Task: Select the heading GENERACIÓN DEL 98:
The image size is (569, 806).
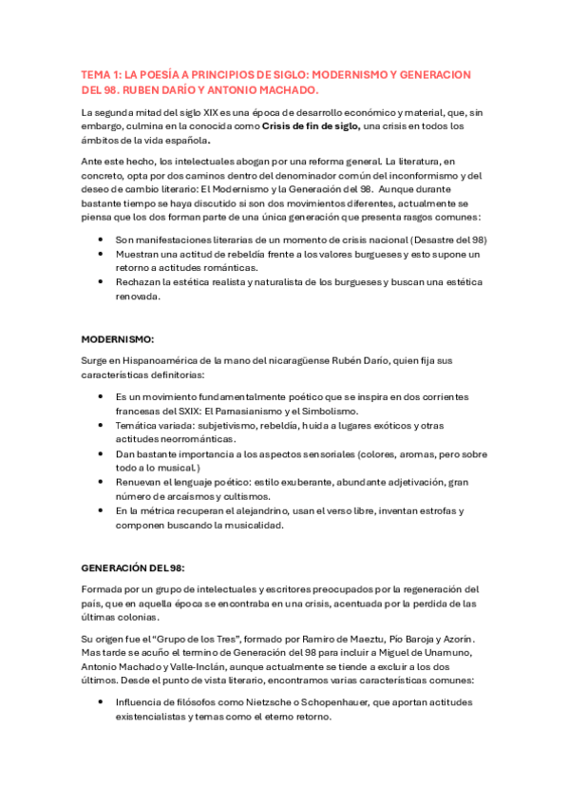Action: click(132, 567)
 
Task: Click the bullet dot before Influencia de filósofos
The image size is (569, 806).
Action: click(101, 702)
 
